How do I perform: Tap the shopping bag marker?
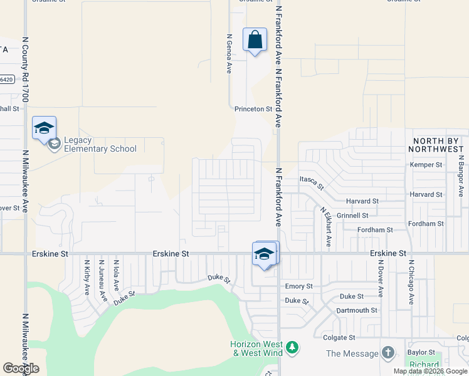(x=255, y=40)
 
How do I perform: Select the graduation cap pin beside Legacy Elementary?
(x=44, y=128)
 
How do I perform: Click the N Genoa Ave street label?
(x=229, y=53)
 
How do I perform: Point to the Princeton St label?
(x=254, y=109)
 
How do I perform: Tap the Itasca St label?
(x=312, y=182)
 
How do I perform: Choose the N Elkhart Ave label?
(x=325, y=227)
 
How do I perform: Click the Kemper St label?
(x=426, y=165)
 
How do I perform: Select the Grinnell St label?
(x=352, y=216)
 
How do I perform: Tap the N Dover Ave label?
(x=381, y=279)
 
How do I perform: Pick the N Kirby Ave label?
(x=87, y=279)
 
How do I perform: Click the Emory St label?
(x=298, y=286)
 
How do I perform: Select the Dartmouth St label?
(x=357, y=310)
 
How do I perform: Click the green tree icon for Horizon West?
(x=292, y=347)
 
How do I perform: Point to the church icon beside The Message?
(x=388, y=353)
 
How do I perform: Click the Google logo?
(x=21, y=368)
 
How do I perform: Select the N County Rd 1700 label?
(x=25, y=69)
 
